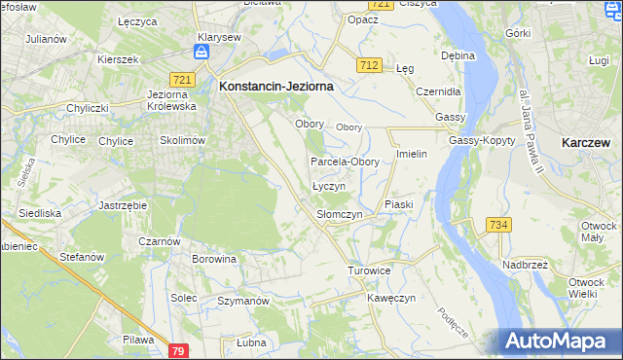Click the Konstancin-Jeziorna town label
click(276, 86)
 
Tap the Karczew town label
click(586, 142)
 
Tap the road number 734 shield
click(498, 225)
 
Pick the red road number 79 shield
click(177, 349)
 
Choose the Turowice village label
click(369, 270)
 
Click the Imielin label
click(413, 155)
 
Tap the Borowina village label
click(214, 260)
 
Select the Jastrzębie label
click(123, 206)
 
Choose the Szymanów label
click(242, 302)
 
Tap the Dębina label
click(458, 55)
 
